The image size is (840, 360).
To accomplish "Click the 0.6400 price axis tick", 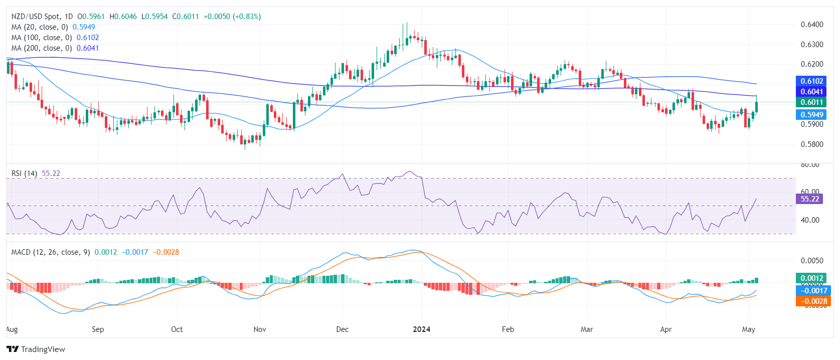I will [811, 25].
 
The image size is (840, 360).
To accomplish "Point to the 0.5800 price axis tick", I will [811, 144].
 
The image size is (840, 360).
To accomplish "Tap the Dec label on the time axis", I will [342, 329].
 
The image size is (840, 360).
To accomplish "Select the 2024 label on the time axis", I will [421, 329].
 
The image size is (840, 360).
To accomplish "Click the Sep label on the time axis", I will [98, 329].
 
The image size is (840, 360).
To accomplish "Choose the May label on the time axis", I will [748, 329].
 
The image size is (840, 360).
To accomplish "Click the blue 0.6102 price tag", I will [811, 81].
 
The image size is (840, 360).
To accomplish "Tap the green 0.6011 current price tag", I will [811, 102].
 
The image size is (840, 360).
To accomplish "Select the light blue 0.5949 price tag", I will [811, 115].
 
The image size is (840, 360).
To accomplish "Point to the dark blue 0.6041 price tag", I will [811, 92].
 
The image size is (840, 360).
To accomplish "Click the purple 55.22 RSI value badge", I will [809, 199].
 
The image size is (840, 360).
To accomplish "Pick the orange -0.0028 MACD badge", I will [813, 301].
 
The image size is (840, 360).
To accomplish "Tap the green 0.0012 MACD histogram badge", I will [811, 278].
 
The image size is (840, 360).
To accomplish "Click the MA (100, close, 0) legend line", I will [42, 38].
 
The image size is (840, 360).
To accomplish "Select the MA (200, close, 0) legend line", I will [42, 48].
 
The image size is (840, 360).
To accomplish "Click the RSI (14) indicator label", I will [24, 173].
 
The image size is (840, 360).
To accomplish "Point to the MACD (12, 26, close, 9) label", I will [51, 252].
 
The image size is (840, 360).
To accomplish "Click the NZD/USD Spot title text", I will [35, 17].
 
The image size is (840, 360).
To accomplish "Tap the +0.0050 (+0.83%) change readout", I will [232, 17].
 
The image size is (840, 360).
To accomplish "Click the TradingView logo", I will [36, 349].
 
